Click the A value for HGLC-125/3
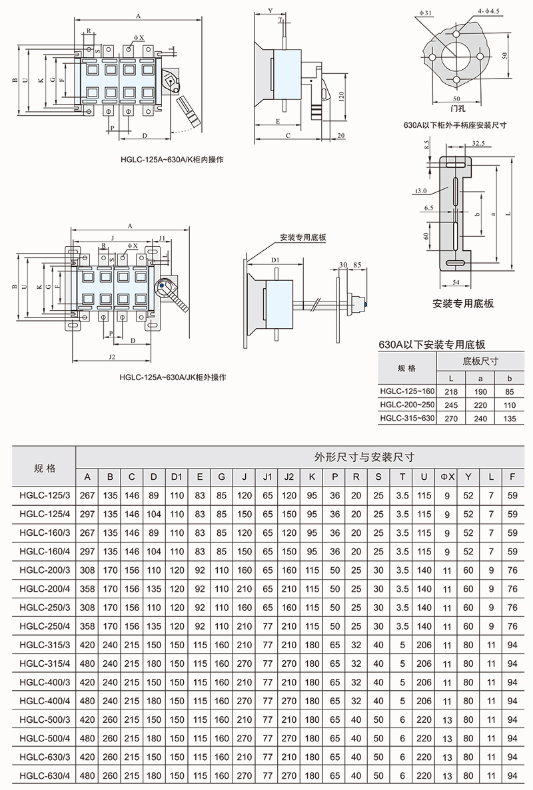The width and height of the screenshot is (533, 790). pos(87,495)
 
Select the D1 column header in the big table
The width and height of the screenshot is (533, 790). pos(177,477)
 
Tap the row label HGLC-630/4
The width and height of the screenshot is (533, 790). pos(45,775)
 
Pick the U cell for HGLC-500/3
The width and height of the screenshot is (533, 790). pos(424,719)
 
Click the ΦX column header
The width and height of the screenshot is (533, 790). pos(447,477)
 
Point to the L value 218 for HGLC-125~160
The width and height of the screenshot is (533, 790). pos(451,391)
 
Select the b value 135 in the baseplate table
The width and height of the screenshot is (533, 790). pos(510,418)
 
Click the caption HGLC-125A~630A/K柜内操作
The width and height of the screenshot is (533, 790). pos(172,159)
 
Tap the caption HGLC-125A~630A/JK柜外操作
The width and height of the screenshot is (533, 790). pos(173,377)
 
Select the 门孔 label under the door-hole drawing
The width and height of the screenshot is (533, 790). pos(458,108)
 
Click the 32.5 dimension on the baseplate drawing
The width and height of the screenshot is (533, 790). pos(478,144)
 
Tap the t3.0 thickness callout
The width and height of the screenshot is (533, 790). pos(421,191)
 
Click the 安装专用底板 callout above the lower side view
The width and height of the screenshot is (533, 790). pos(303,238)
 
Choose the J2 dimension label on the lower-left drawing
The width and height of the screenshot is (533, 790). pos(112,357)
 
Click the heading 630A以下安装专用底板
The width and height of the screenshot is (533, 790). pos(432,345)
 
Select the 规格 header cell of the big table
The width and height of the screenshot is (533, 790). pos(45,468)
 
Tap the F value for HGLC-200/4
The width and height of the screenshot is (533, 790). pos(513,589)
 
